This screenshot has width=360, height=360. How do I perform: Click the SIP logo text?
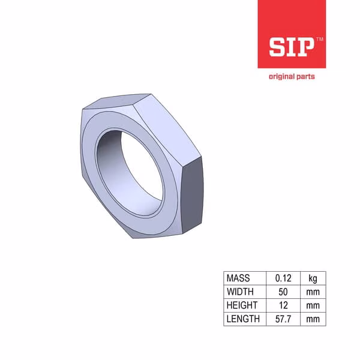[x=292, y=47]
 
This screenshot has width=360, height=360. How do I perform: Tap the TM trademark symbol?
[x=320, y=39]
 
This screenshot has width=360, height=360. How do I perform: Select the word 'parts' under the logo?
[x=305, y=77]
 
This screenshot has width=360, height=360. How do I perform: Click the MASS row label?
[x=238, y=278]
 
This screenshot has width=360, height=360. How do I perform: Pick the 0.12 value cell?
[x=283, y=278]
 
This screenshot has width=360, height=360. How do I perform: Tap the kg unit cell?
[x=313, y=278]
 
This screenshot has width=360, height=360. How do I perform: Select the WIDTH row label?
[x=240, y=292]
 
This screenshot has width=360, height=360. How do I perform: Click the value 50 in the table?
[x=283, y=292]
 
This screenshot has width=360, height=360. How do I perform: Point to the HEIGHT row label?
[x=242, y=305]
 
